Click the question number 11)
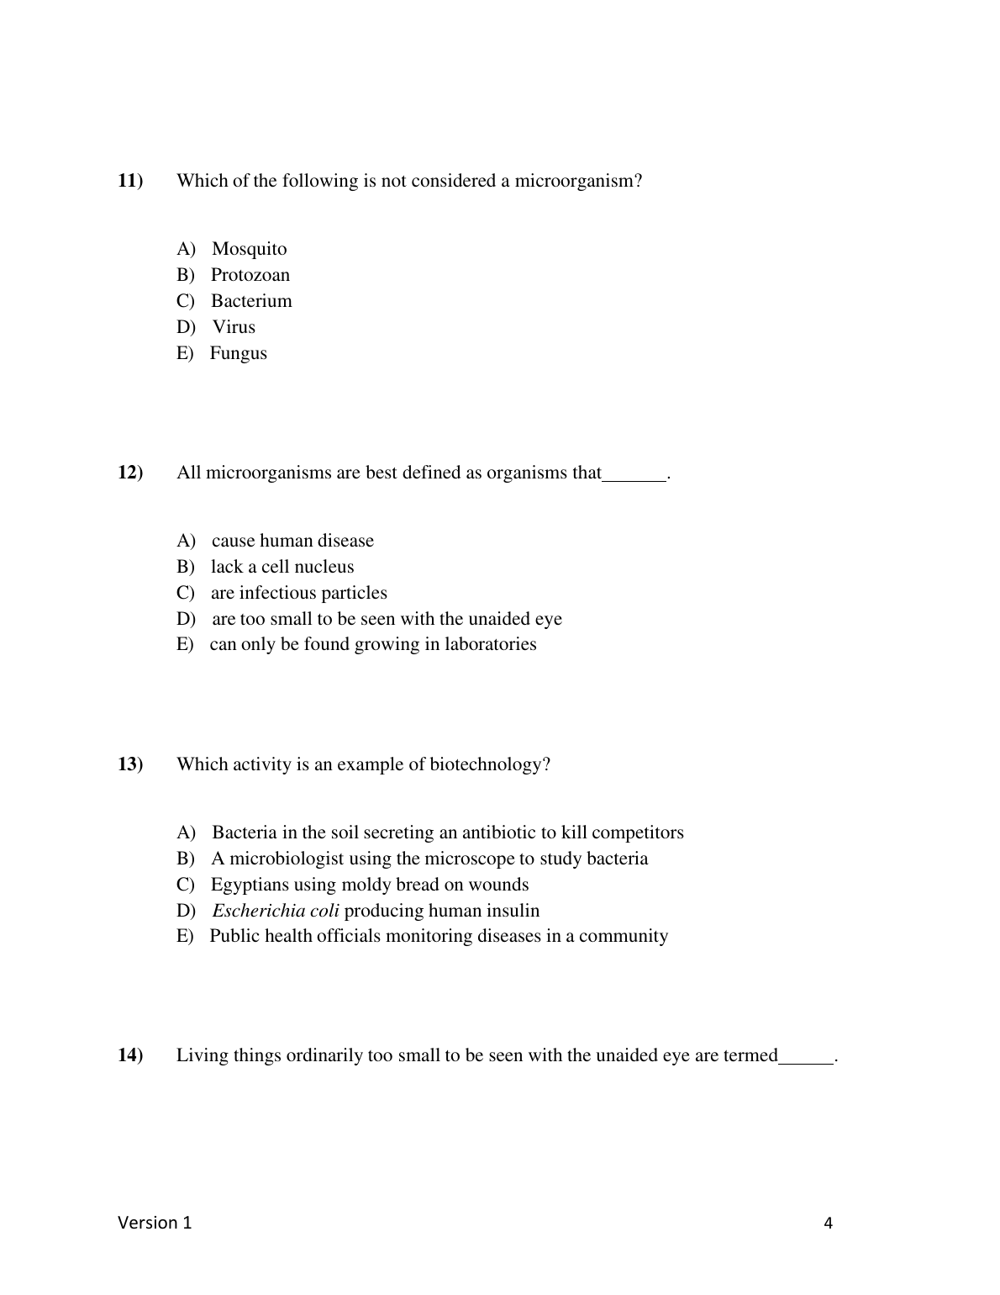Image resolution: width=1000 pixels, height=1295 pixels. click(x=130, y=181)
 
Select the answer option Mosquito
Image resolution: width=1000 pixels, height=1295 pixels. click(x=249, y=249)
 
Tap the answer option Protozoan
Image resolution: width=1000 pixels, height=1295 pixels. click(x=250, y=275)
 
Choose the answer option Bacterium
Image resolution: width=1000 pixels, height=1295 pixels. click(x=251, y=301)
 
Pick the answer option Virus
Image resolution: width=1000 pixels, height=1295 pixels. click(x=234, y=327)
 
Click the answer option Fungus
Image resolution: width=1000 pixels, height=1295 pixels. click(x=238, y=353)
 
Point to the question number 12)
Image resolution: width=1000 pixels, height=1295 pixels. click(x=130, y=473)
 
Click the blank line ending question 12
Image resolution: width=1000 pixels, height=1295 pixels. click(x=634, y=477)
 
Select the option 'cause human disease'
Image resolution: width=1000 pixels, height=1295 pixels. click(x=292, y=541)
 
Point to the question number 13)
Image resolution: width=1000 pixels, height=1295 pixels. click(x=130, y=764)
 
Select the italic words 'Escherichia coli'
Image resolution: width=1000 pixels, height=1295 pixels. click(x=276, y=911)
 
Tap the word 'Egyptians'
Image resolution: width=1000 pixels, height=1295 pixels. click(x=250, y=885)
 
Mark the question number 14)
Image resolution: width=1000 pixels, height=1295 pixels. click(x=130, y=1055)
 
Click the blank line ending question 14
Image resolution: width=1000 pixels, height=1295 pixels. click(x=806, y=1060)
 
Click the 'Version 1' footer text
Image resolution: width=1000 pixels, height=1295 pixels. click(x=155, y=1223)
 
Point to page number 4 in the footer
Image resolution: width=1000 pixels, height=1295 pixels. click(x=829, y=1224)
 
